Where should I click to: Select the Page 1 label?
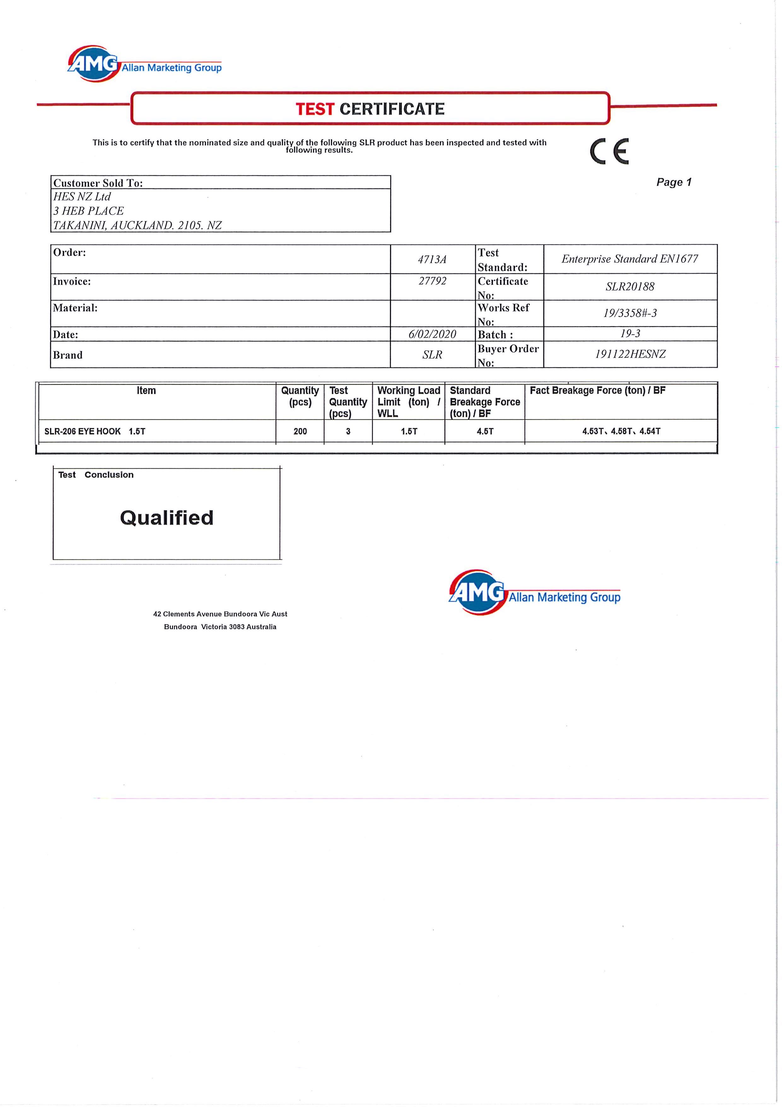(674, 182)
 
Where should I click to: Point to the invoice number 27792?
(432, 281)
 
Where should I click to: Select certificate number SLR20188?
(630, 287)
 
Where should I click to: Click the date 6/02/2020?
(432, 334)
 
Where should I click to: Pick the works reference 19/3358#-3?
(630, 313)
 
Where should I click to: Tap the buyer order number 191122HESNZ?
(630, 354)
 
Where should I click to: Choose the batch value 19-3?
(630, 334)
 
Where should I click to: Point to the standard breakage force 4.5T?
(485, 431)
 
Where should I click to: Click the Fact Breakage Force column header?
(598, 391)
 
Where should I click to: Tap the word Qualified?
(167, 518)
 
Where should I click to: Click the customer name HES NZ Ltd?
(82, 197)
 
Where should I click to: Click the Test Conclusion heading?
(96, 475)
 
